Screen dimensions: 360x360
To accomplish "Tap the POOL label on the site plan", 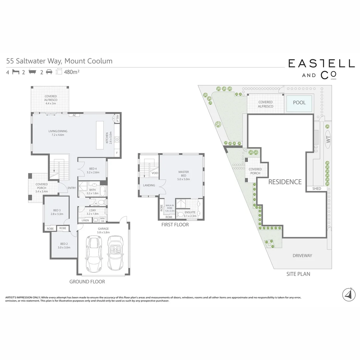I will [299, 102].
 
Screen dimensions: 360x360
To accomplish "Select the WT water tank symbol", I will [328, 140].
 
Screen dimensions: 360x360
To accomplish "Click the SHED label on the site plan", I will [317, 189].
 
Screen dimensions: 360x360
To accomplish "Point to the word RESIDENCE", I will [285, 182].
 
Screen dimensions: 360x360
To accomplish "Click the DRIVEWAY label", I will [302, 256].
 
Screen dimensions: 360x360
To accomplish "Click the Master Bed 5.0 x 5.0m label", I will [183, 176].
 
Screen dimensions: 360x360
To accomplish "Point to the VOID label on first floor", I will [155, 173].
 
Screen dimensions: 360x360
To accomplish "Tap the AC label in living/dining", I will [74, 115].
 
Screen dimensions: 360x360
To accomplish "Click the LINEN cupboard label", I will [85, 220].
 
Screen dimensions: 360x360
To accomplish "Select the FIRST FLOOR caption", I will [175, 225].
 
